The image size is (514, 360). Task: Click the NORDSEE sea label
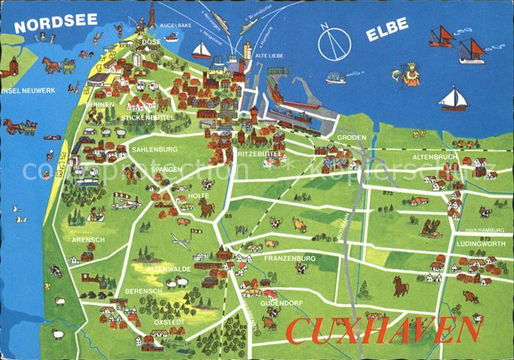click(x=56, y=21)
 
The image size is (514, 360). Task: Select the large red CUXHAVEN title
click(x=384, y=331)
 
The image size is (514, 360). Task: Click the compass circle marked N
click(x=334, y=43)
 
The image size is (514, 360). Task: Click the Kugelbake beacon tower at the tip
click(x=152, y=16)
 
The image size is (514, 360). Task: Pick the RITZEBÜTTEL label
click(x=257, y=154)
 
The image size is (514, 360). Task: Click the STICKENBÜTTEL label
click(x=147, y=117)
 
